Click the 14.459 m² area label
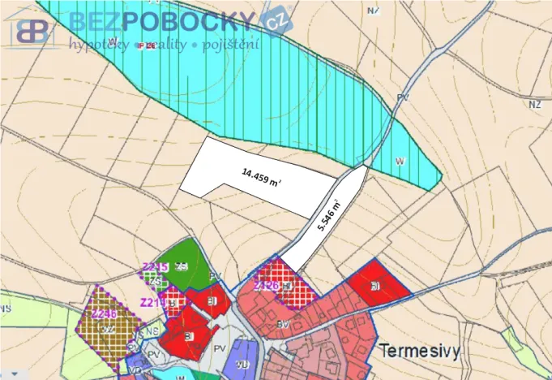[x=260, y=176]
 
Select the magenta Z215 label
[x=154, y=267]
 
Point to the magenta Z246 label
[x=104, y=314]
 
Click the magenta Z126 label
[x=267, y=285]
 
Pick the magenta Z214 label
[x=152, y=302]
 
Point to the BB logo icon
[x=31, y=29]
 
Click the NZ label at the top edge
[x=372, y=11]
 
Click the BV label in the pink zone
[x=282, y=324]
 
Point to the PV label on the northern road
[x=403, y=97]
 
